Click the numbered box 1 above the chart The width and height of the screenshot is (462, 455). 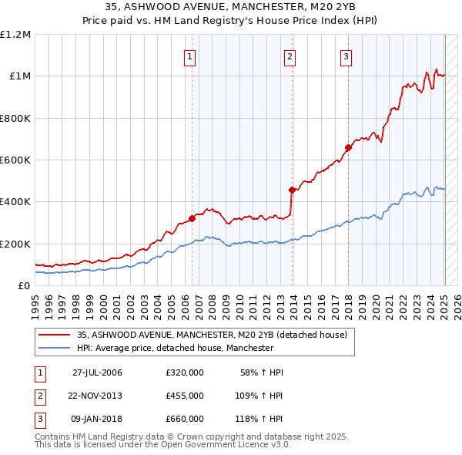(x=189, y=56)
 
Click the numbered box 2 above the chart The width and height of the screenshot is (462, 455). (x=290, y=56)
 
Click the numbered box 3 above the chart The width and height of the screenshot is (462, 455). (x=346, y=56)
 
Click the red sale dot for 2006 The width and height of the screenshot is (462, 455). (x=192, y=218)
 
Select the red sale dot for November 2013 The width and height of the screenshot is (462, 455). (x=292, y=190)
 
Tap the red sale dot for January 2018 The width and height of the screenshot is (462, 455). (x=348, y=147)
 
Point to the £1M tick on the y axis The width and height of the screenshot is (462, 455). (x=18, y=76)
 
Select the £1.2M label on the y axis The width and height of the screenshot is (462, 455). (x=15, y=35)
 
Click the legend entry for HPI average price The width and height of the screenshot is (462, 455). (x=176, y=349)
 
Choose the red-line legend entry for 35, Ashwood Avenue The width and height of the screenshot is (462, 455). (x=212, y=335)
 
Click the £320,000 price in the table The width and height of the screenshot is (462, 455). (x=185, y=372)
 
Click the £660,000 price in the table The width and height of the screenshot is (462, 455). (x=185, y=419)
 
